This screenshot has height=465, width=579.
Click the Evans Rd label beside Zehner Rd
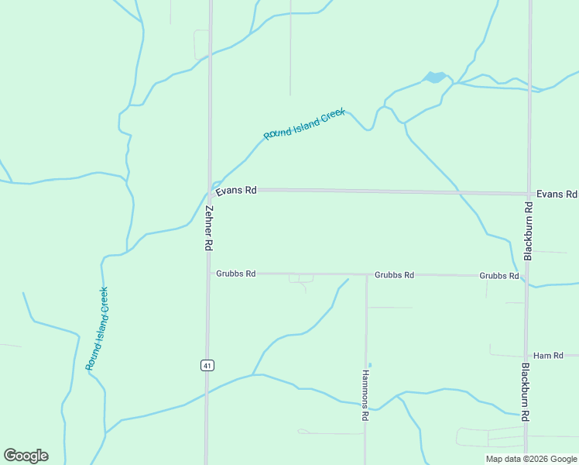[x=236, y=190]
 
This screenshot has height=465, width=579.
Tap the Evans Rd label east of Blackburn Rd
[x=557, y=194]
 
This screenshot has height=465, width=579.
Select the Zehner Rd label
[x=208, y=227]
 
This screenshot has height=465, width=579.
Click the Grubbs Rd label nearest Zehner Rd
[x=235, y=274]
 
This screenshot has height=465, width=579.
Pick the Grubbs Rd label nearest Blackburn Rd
[x=498, y=276]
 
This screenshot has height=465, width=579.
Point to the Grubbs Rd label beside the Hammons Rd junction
[x=394, y=275]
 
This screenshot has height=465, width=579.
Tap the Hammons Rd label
[x=365, y=394]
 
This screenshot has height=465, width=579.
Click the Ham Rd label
[x=548, y=355]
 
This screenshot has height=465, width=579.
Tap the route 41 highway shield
[x=207, y=365]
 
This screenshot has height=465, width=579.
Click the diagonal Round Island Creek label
[x=303, y=124]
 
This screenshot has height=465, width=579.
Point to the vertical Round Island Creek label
[x=97, y=327]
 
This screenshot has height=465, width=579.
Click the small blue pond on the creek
[x=434, y=77]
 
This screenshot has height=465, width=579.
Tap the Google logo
[x=26, y=456]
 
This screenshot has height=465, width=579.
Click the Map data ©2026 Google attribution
[x=531, y=459]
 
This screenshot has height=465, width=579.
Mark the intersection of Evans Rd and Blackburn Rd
[x=529, y=193]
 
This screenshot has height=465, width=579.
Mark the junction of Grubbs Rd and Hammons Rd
[x=366, y=274]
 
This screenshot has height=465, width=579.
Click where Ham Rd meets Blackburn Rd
[x=526, y=356]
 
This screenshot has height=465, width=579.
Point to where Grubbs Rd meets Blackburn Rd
[x=526, y=276]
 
